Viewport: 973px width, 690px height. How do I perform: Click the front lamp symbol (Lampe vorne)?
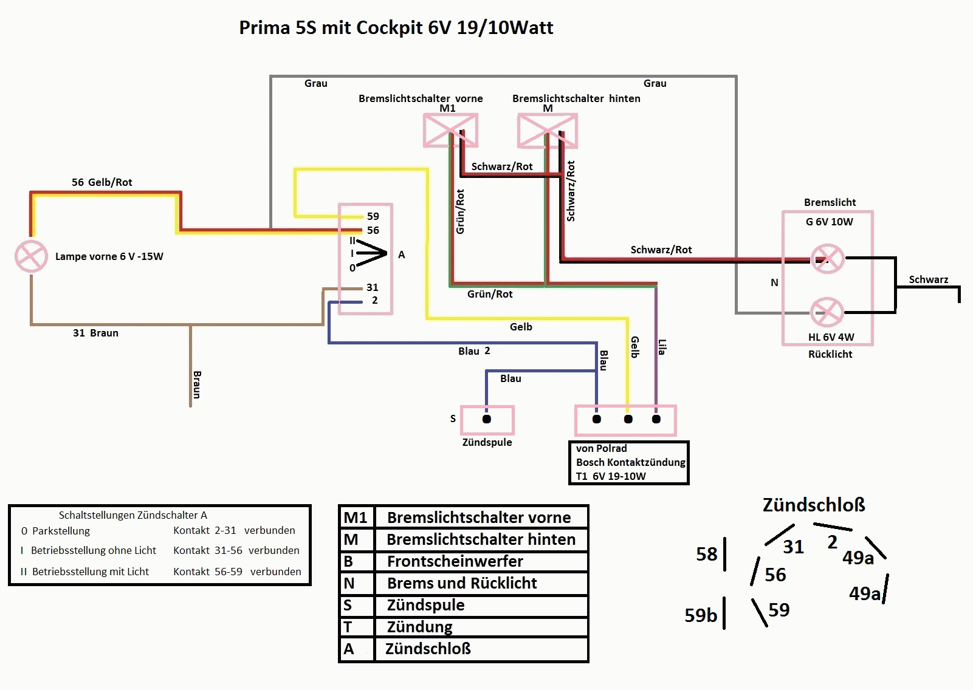[x=31, y=256]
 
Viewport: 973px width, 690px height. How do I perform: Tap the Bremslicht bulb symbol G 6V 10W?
[x=828, y=259]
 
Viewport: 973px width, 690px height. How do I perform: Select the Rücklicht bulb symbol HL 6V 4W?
[x=827, y=312]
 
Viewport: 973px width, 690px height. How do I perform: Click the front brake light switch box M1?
[x=450, y=130]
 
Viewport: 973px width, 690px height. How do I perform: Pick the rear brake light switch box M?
[x=548, y=131]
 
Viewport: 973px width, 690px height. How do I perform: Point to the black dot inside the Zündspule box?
[x=486, y=419]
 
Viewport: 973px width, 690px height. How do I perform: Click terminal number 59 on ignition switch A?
[x=373, y=216]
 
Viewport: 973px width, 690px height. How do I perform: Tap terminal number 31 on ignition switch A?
[x=373, y=287]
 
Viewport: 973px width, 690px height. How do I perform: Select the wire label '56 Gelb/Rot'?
[x=101, y=182]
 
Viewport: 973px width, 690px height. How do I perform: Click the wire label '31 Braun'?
[x=95, y=333]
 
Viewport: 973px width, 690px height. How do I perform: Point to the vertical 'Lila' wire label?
[x=662, y=347]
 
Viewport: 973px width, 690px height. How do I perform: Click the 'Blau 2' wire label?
[x=474, y=351]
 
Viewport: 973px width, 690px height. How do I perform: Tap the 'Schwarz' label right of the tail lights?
[x=929, y=279]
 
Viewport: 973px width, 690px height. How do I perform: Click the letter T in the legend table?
[x=348, y=627]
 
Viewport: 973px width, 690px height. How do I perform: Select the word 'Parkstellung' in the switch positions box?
[x=61, y=531]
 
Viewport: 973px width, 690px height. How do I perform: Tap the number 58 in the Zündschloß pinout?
[x=707, y=554]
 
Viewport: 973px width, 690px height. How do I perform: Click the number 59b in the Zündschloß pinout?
[x=701, y=615]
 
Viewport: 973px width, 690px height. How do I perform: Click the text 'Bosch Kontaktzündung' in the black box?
[x=631, y=462]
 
